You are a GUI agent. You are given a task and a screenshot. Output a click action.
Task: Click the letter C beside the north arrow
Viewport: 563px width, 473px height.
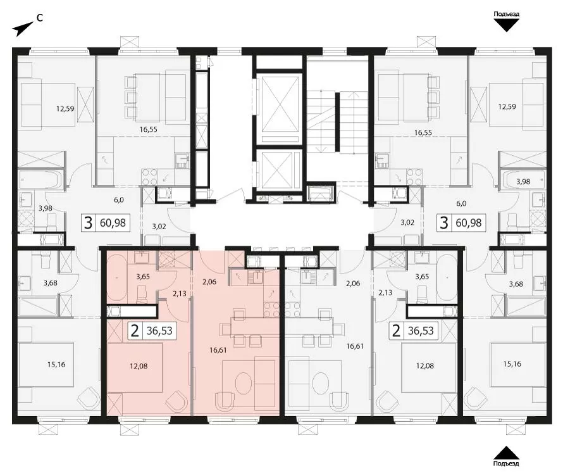coord(40,17)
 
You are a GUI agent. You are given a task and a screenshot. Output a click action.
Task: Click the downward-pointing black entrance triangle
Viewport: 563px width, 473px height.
coord(506,25)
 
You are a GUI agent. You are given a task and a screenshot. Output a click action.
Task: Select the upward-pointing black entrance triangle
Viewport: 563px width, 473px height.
coord(506,453)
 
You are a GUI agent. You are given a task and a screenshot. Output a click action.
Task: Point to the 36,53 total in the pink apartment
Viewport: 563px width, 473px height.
coord(159,331)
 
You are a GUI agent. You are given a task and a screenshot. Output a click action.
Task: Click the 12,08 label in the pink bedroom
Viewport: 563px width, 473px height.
coord(139,366)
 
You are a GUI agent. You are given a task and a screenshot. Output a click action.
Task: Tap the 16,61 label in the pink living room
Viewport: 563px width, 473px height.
coord(218,350)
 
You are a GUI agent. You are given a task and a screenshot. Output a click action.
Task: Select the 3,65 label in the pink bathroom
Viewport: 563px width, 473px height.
coord(143,277)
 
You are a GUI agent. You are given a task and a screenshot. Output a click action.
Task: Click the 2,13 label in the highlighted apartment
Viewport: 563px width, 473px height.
coord(180,293)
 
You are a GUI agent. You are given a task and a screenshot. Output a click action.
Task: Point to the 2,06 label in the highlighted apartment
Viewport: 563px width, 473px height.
coord(209,282)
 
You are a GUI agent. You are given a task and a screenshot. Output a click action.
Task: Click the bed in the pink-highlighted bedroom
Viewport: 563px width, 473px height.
coord(135,367)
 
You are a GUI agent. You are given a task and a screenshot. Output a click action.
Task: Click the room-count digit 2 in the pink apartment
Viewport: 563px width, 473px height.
coord(135,331)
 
